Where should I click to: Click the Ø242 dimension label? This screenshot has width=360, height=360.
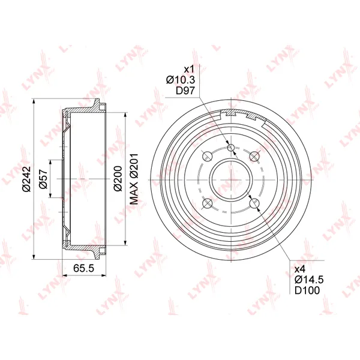click(26, 179)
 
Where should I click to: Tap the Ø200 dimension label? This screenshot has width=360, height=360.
click(118, 178)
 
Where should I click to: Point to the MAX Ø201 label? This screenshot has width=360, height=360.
click(134, 179)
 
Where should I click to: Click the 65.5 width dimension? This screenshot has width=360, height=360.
click(83, 268)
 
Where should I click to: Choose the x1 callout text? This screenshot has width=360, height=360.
click(189, 69)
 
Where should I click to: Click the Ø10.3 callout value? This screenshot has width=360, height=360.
click(181, 80)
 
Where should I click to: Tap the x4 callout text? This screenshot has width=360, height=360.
click(300, 268)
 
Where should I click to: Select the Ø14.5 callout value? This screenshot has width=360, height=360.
click(309, 280)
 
